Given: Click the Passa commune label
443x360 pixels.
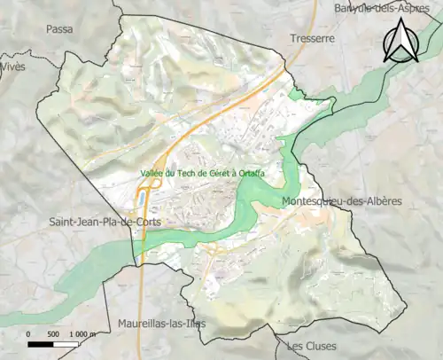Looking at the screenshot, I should pyautogui.click(x=59, y=29).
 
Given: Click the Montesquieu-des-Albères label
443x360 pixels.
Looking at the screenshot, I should pyautogui.click(x=341, y=201).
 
